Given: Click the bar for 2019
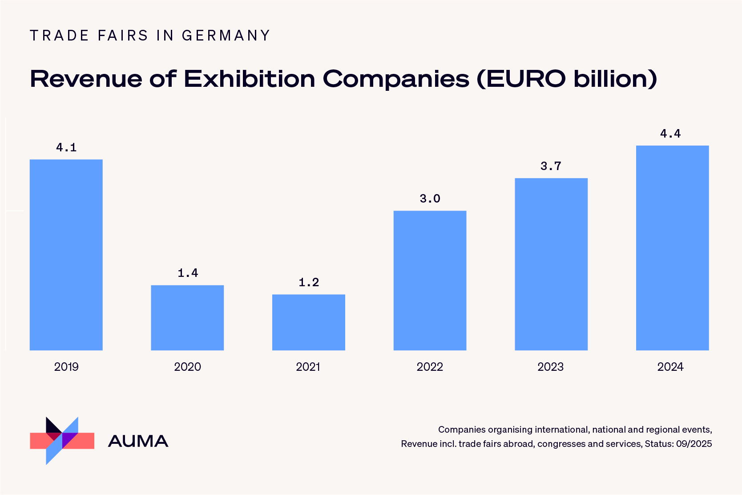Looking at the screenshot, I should (66, 255).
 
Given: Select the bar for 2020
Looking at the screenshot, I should (187, 317).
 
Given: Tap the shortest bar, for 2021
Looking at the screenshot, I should (308, 322).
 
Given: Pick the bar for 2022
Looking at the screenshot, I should (430, 280).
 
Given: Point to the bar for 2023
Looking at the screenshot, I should (551, 264).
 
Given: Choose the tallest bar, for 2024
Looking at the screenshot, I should (672, 247).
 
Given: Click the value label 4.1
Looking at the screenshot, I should (66, 147).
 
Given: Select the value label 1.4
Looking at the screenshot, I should (188, 273).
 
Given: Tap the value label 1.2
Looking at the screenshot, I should (309, 282).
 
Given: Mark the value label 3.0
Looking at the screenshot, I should (430, 199).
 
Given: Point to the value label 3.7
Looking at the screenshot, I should (551, 166).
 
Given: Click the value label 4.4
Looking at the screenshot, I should (670, 134).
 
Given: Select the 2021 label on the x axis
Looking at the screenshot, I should (308, 367).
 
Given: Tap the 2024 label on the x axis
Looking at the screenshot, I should (670, 367).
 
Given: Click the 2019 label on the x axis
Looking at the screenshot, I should (66, 367).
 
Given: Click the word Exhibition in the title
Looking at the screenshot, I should (250, 79).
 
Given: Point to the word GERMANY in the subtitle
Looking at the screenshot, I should (226, 36).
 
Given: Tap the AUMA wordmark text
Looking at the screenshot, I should (138, 441).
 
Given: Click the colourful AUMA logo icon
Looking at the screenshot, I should (62, 441).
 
